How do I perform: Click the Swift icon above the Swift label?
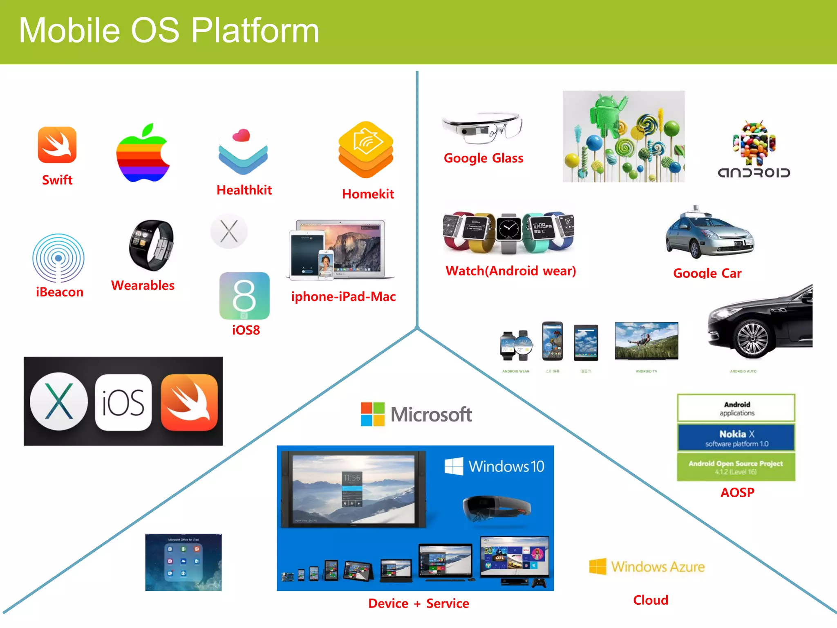click(57, 145)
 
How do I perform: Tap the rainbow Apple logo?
click(143, 153)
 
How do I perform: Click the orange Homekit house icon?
click(366, 149)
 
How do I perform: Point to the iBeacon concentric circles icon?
click(58, 258)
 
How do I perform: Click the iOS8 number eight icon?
click(244, 296)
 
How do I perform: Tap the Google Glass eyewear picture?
click(482, 128)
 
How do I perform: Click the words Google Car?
click(707, 273)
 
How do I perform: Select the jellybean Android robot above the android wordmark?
click(754, 143)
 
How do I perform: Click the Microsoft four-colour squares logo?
click(372, 414)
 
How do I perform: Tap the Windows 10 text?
click(506, 467)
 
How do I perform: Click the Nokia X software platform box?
click(736, 438)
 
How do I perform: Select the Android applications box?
click(736, 408)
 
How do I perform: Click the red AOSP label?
click(737, 493)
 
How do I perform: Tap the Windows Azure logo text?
click(658, 567)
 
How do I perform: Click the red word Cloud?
click(651, 600)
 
